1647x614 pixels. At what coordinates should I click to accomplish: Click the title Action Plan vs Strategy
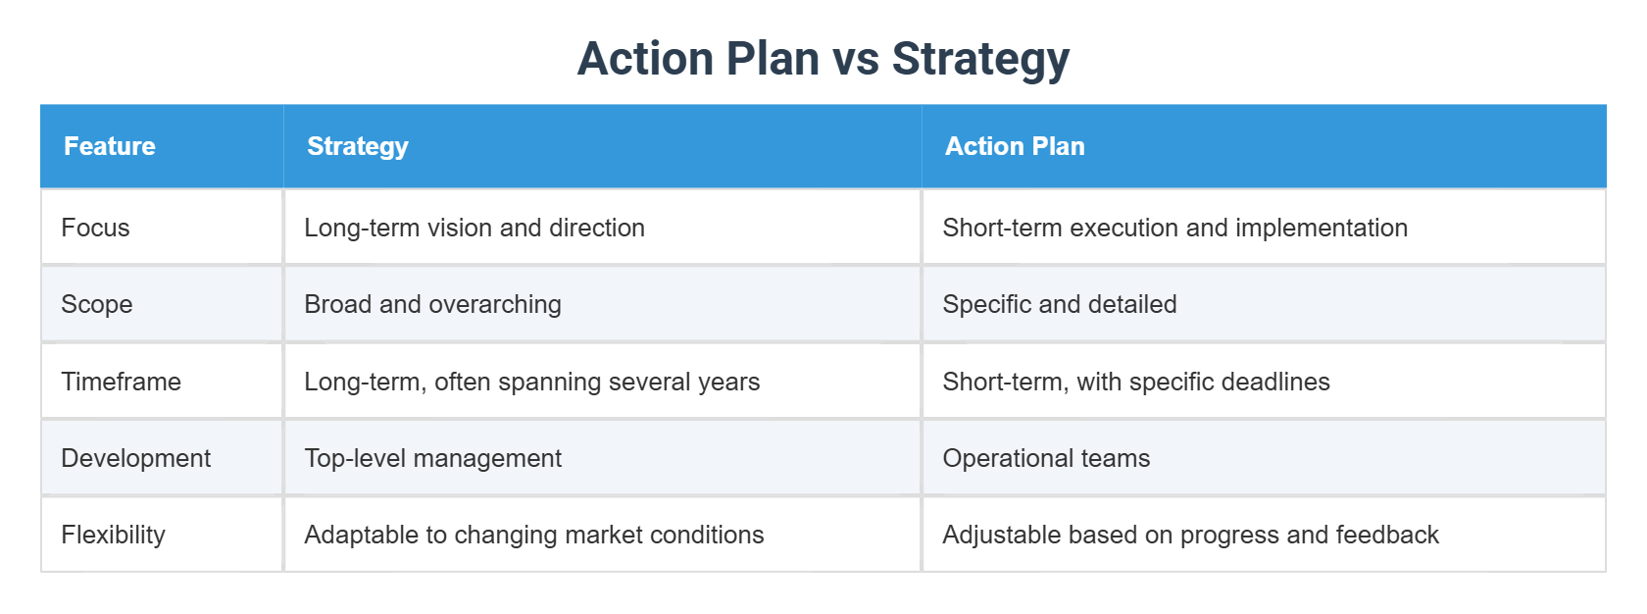coord(823,59)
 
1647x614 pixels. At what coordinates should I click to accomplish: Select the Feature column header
coord(110,146)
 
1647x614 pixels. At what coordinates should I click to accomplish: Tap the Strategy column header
coord(358,146)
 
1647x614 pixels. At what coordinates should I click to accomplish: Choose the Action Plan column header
coord(1015,146)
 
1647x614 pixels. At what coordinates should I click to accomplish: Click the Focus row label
coord(95,228)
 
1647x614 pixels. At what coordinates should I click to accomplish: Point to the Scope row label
coord(97,304)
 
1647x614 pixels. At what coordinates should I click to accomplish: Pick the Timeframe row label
coord(121,382)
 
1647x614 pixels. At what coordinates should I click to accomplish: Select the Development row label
coord(135,458)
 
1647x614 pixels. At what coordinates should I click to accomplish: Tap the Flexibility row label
coord(113,535)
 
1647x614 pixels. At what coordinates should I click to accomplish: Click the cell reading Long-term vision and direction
coord(474,228)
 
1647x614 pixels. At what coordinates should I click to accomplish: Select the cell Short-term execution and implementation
coord(1174,228)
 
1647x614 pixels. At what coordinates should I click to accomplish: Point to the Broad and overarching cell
coord(432,304)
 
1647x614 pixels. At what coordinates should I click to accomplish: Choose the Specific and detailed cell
coord(1059,304)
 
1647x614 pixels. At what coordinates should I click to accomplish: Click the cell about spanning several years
coord(531,382)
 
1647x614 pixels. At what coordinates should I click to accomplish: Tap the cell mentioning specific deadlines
coord(1135,382)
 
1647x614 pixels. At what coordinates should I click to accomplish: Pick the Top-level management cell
coord(432,458)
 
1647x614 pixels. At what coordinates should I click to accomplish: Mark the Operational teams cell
coord(1046,458)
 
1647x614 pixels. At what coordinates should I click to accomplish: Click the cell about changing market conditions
coord(533,535)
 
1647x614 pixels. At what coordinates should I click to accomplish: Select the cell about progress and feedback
coord(1190,535)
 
